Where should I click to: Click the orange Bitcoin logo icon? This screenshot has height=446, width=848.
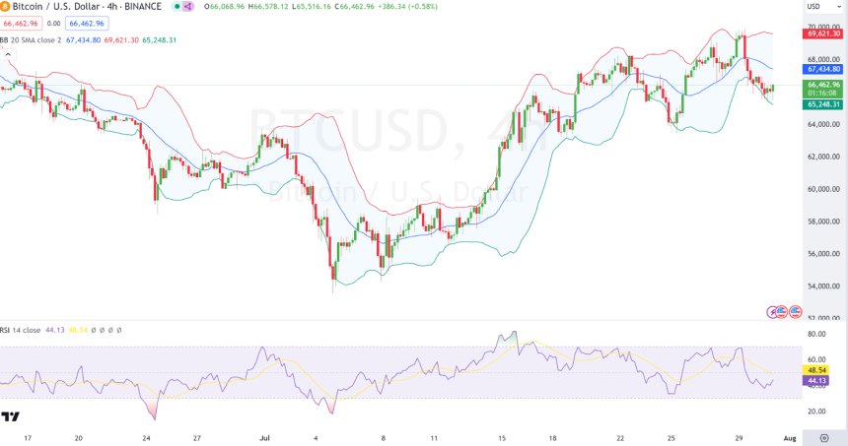(x=7, y=6)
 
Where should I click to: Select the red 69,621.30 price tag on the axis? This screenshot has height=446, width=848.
(x=823, y=33)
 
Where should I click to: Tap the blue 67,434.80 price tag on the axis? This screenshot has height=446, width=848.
(x=823, y=69)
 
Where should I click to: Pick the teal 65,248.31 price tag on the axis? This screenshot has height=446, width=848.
(x=823, y=104)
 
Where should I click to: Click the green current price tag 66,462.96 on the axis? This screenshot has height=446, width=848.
(x=823, y=85)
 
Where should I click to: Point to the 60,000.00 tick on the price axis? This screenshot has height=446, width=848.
(x=823, y=189)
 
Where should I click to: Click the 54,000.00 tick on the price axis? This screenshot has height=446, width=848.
(x=823, y=287)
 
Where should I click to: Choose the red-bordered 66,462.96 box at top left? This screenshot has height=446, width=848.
(x=21, y=23)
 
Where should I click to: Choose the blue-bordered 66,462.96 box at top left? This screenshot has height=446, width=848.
(x=87, y=23)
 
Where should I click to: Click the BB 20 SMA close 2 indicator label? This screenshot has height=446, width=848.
(x=31, y=40)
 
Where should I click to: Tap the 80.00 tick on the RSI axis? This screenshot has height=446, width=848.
(x=817, y=335)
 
